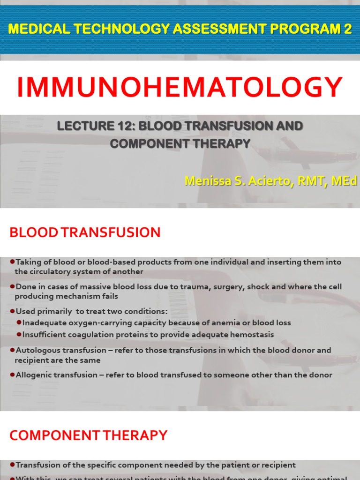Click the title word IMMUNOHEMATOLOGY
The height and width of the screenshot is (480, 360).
click(x=180, y=88)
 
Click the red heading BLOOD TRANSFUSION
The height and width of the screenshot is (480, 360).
click(x=85, y=232)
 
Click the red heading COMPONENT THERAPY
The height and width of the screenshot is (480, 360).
click(x=88, y=435)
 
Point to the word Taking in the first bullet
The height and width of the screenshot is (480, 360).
click(x=27, y=262)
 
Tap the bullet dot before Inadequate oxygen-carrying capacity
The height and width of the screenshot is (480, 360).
click(x=19, y=323)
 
